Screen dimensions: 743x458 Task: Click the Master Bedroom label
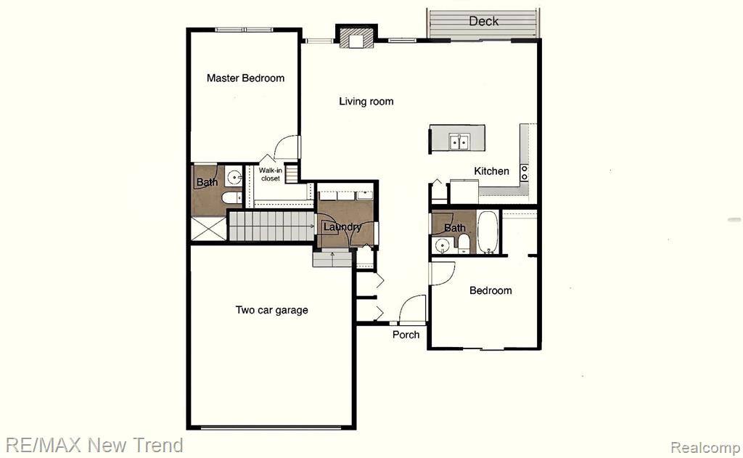point(245,78)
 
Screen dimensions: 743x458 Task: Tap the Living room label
point(366,102)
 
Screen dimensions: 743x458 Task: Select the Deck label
point(483,21)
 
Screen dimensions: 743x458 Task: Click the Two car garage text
point(271,310)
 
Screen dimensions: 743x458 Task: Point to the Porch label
point(406,335)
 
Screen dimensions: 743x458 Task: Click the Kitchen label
point(491,171)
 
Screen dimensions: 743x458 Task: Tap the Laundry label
point(342,227)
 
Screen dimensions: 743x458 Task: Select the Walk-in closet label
point(271,174)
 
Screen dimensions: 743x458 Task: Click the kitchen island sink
point(459,142)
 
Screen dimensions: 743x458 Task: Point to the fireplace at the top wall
point(356,36)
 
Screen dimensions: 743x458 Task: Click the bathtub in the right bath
point(488,232)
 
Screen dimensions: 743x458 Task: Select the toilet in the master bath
point(231,197)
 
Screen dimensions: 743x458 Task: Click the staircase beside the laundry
point(271,226)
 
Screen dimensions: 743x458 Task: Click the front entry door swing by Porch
point(412,309)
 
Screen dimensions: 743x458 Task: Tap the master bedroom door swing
point(287,147)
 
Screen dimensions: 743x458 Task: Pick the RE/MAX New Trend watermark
point(94,445)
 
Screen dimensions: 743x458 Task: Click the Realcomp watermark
point(705,447)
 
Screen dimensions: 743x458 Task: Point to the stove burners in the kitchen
point(524,173)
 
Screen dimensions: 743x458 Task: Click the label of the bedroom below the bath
point(490,290)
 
